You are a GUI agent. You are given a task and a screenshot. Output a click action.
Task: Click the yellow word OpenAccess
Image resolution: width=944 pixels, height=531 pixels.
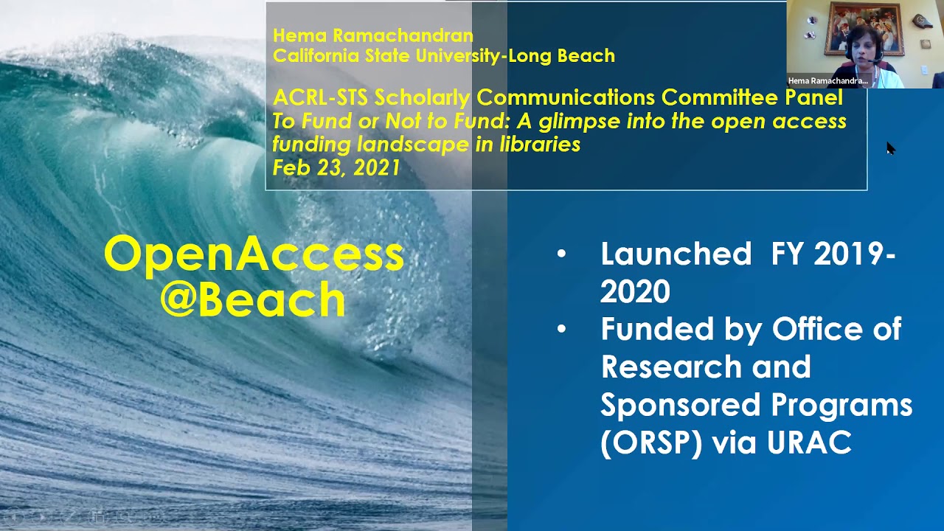[x=254, y=254]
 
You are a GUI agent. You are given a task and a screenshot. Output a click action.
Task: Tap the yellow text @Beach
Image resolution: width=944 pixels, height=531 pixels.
[x=253, y=300]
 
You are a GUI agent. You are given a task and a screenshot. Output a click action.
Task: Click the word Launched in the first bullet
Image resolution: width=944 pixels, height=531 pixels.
[x=676, y=254]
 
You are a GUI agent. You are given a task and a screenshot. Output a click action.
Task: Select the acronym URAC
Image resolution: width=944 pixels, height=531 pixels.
[x=809, y=442]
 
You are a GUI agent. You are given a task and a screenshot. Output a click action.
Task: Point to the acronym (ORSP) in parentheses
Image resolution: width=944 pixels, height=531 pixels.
[x=651, y=442]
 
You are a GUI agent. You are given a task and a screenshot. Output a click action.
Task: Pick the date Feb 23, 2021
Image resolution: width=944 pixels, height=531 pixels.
[x=336, y=167]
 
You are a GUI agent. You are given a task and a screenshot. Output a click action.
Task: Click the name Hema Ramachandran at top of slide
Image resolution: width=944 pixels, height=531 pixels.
[x=372, y=35]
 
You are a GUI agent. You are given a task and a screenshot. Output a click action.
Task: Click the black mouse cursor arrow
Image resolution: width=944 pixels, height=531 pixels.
[x=890, y=148]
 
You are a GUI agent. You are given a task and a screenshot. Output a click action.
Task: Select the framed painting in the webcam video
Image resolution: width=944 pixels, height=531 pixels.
[x=864, y=29]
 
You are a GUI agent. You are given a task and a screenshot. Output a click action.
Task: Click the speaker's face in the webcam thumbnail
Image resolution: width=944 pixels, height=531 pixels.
[x=862, y=49]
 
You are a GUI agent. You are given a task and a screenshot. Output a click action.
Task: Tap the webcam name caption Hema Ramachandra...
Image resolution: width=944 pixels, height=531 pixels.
[x=827, y=81]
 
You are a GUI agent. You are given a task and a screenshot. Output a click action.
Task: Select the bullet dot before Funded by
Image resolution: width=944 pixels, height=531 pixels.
[x=562, y=330]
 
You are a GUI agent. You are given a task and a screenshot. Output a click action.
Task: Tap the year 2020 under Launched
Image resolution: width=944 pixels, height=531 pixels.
[x=635, y=292]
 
